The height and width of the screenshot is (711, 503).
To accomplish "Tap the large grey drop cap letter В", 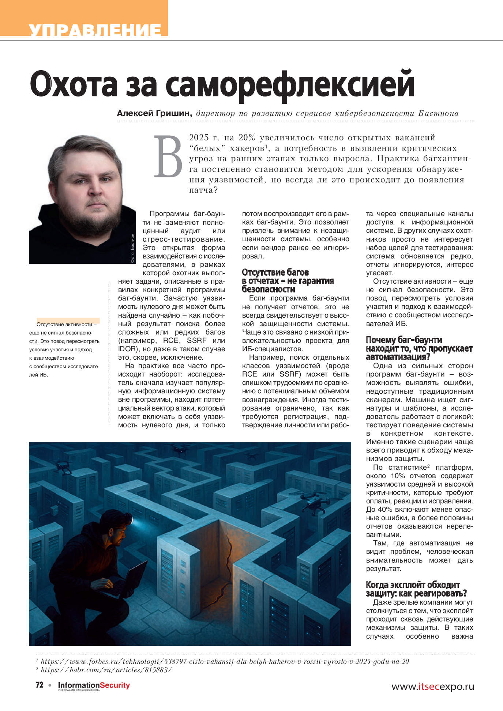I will (x=168, y=156).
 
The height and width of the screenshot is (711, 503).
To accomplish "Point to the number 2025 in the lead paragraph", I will (x=199, y=138).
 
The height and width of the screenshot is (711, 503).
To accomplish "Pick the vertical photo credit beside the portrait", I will (x=132, y=248).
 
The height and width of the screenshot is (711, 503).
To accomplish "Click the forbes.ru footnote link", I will (x=225, y=661).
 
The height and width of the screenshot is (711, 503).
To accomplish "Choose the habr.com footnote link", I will (x=106, y=670).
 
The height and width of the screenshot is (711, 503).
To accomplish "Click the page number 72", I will (x=40, y=685).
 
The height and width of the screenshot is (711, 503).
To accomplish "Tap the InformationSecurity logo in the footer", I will (x=94, y=685).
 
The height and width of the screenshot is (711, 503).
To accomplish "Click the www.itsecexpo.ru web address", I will (x=432, y=686).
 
